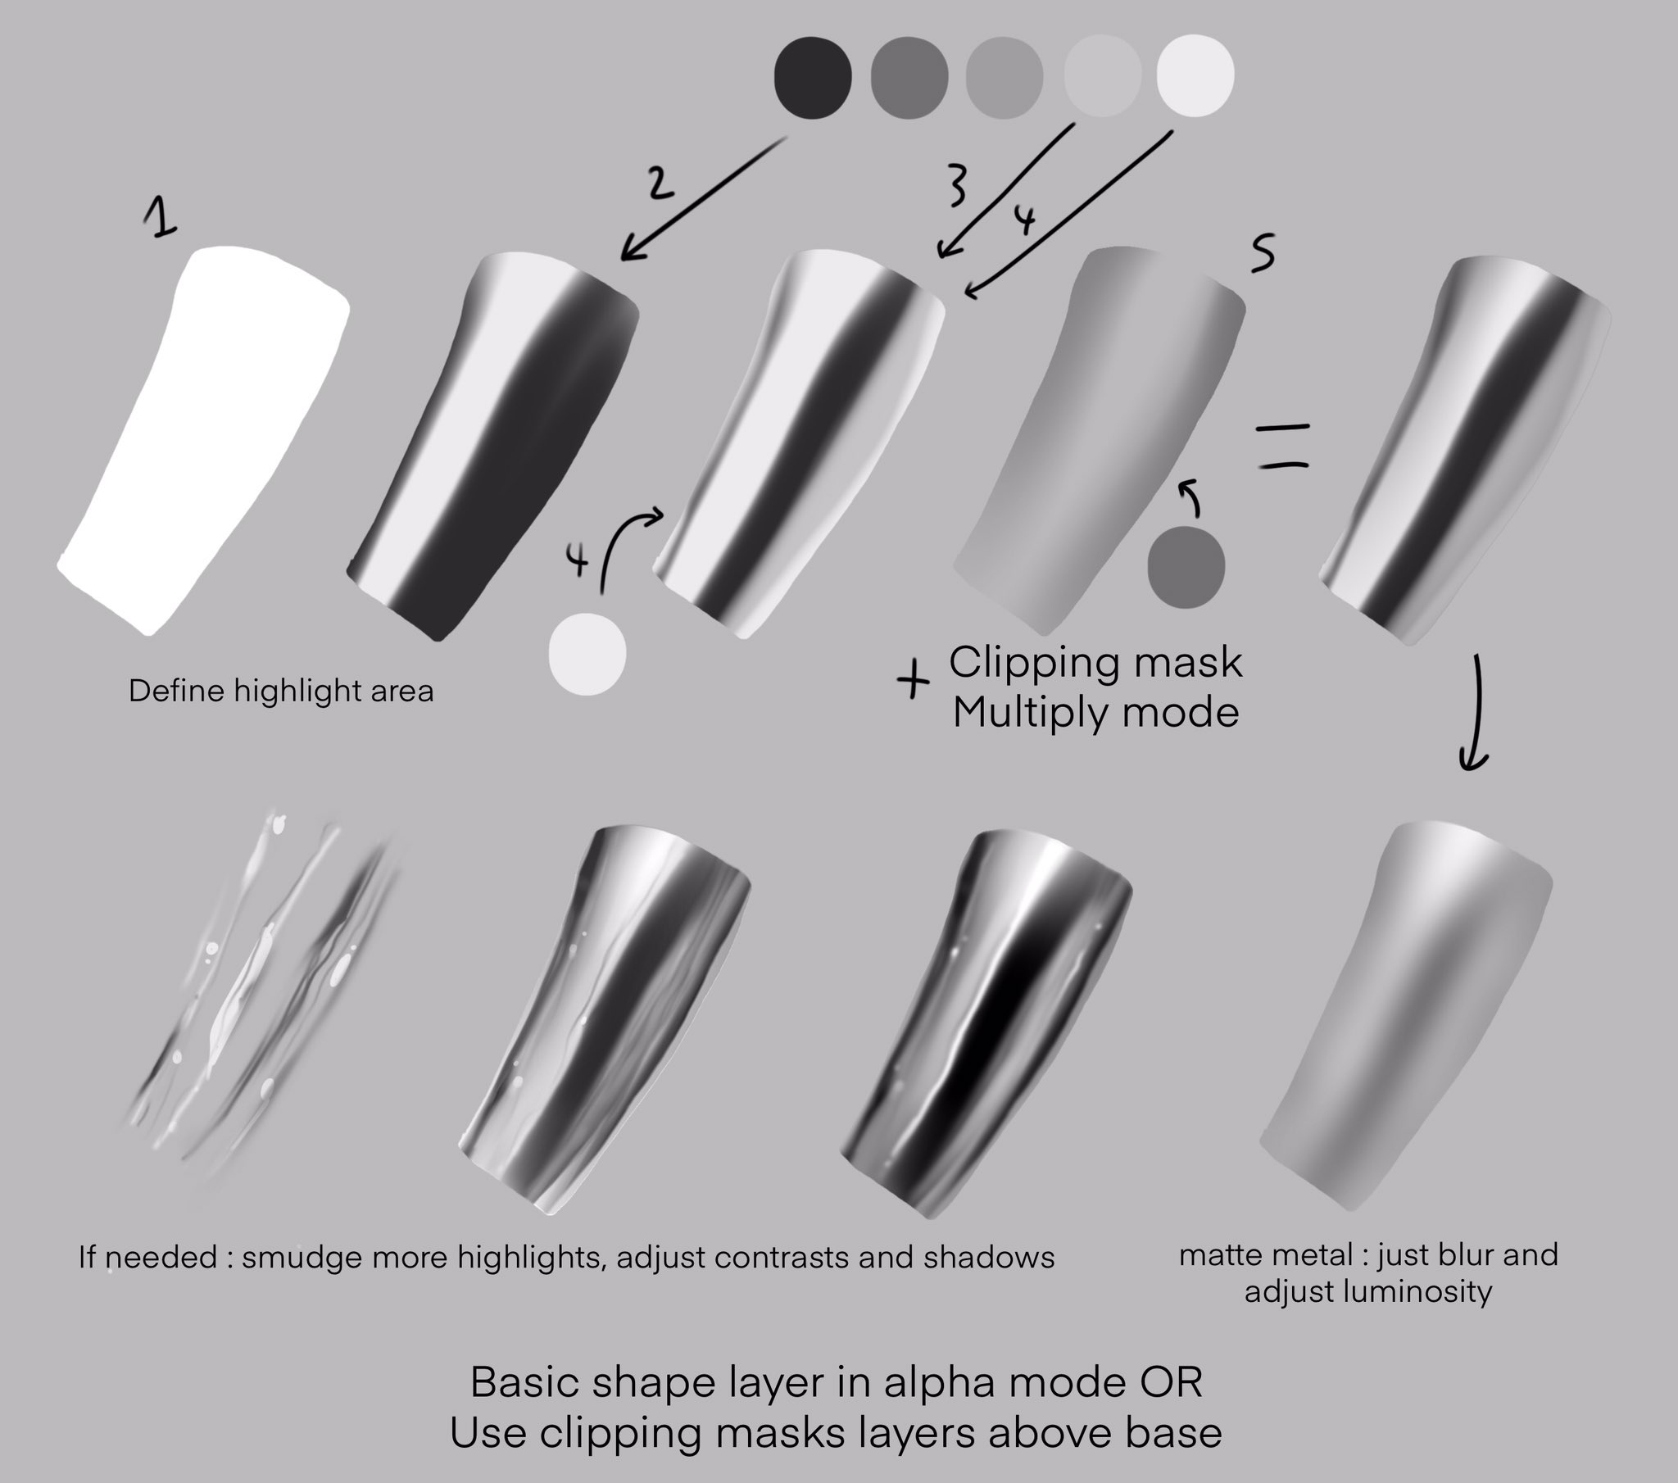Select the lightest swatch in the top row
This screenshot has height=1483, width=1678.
click(1195, 76)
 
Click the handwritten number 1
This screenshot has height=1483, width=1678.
click(161, 220)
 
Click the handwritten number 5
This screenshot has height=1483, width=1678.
click(1263, 253)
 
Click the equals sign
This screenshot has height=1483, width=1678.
click(1283, 446)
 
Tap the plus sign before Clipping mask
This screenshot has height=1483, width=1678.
click(913, 681)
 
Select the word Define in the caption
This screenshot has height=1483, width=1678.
click(175, 692)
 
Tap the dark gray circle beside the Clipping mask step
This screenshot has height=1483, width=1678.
click(1186, 568)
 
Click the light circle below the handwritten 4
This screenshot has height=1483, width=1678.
click(587, 654)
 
